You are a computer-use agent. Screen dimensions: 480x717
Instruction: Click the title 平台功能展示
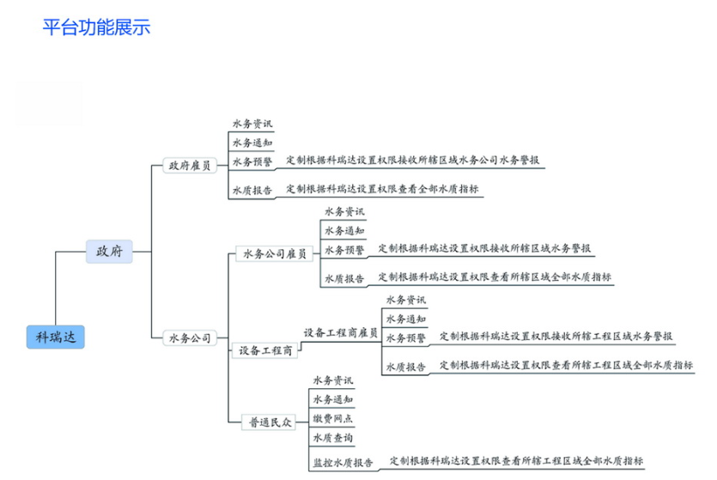96,27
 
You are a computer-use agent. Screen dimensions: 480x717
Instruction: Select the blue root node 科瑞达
56,337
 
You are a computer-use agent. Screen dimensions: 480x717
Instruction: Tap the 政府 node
109,252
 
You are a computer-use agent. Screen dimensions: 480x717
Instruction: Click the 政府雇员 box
189,166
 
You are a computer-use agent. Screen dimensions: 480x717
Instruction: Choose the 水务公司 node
189,338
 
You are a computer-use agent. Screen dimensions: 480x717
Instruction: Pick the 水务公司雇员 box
274,254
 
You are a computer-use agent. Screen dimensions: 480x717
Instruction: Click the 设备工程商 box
265,350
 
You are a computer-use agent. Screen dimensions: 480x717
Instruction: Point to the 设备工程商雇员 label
340,332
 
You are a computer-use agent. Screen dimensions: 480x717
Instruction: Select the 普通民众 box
270,422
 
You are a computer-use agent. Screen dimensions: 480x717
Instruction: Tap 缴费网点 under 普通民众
333,419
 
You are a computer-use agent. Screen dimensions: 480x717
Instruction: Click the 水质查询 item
333,438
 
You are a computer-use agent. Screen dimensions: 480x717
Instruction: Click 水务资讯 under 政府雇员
252,124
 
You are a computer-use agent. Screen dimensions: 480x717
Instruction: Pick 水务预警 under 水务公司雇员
344,250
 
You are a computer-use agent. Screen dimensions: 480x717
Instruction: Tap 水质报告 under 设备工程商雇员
405,367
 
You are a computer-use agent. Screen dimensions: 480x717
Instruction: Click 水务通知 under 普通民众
333,399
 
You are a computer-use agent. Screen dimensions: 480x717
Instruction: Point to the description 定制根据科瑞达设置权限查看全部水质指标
382,189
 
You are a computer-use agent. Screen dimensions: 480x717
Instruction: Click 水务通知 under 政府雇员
252,143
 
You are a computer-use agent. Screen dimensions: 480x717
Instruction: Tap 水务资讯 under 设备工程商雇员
405,300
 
